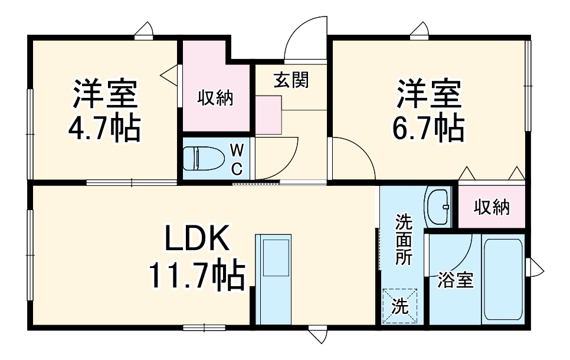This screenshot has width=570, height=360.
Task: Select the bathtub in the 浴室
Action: pos(503,279)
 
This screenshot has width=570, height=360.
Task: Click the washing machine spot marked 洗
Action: pos(399,306)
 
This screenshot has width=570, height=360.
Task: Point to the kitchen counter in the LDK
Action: pos(273,277)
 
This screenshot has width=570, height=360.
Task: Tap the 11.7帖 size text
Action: pos(196,275)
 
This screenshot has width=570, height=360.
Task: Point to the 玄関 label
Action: pos(290,80)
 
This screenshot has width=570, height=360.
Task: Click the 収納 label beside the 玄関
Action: pos(215,97)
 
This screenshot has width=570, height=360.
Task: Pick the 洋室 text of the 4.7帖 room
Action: pos(105,94)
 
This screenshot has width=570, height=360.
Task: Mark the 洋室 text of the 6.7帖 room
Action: pos(428,94)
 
